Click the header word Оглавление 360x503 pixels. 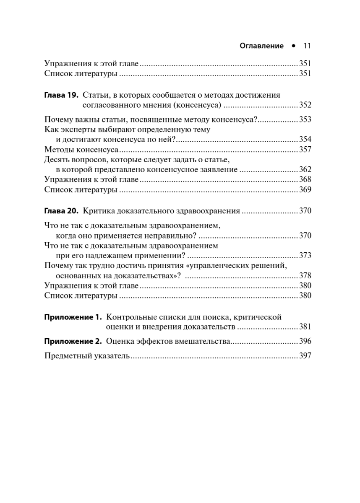pyautogui.click(x=261, y=46)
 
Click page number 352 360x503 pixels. pyautogui.click(x=305, y=105)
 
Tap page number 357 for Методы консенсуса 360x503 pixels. pyautogui.click(x=305, y=150)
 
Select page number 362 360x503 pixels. pyautogui.click(x=305, y=170)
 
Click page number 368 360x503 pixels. pyautogui.click(x=305, y=180)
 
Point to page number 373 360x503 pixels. pyautogui.click(x=305, y=255)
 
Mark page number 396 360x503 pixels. pyautogui.click(x=305, y=342)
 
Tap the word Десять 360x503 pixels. pyautogui.click(x=56, y=160)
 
